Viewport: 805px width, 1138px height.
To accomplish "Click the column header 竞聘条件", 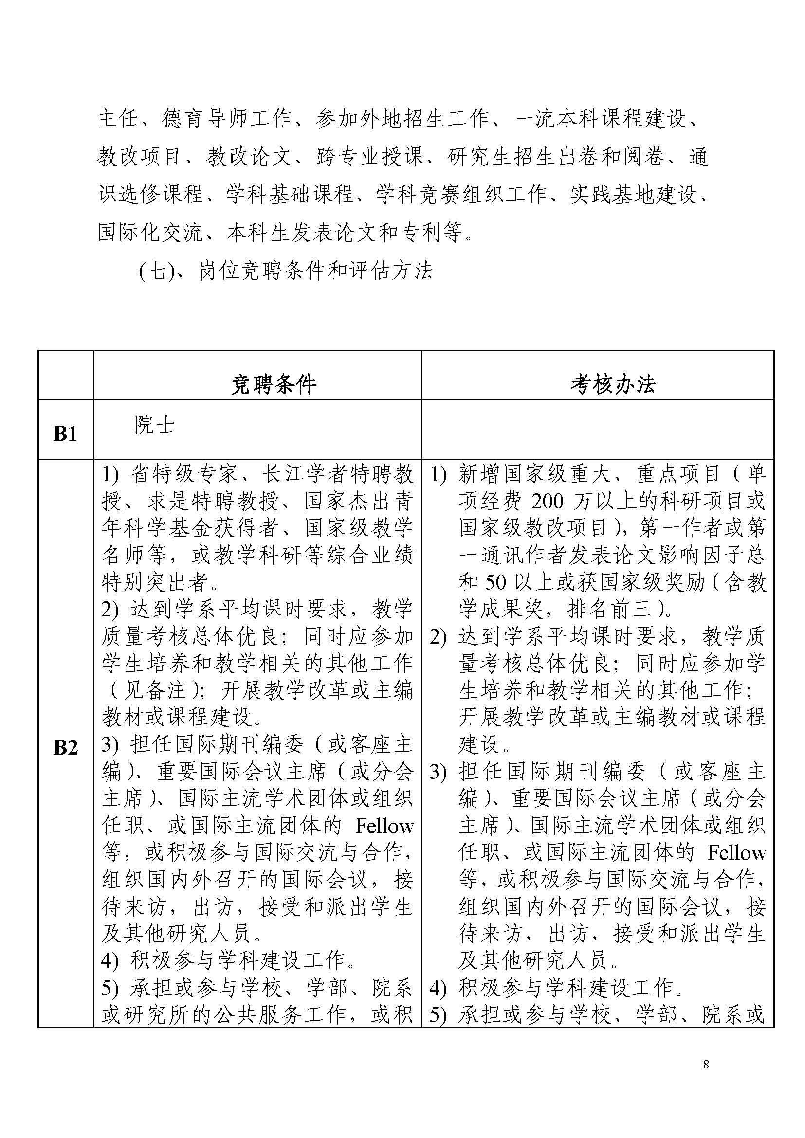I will [x=273, y=384].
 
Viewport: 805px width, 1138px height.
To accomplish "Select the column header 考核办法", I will [x=613, y=384].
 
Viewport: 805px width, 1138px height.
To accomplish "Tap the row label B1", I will [x=65, y=434].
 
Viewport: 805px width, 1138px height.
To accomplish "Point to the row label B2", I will [x=65, y=747].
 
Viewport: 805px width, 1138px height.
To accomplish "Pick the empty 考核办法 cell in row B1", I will [x=597, y=429].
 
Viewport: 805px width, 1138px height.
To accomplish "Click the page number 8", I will [x=706, y=1064].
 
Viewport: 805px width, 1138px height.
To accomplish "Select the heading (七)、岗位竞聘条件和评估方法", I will [x=286, y=271].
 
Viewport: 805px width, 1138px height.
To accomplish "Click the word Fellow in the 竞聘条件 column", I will [x=384, y=826].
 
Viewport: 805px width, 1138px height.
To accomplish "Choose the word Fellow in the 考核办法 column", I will [x=736, y=853].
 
